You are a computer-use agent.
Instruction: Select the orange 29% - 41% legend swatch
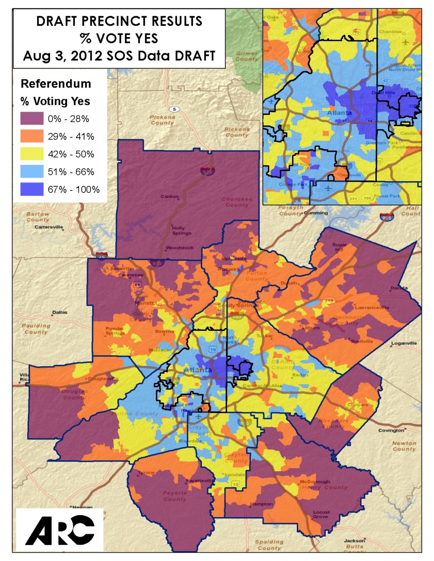(31, 136)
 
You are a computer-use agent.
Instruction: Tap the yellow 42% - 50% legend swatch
(31, 154)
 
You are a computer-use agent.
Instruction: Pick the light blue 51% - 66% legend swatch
(31, 172)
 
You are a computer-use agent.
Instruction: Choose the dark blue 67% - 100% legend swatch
(31, 189)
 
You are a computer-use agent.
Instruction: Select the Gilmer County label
(247, 57)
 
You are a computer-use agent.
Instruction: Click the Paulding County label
(36, 329)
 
